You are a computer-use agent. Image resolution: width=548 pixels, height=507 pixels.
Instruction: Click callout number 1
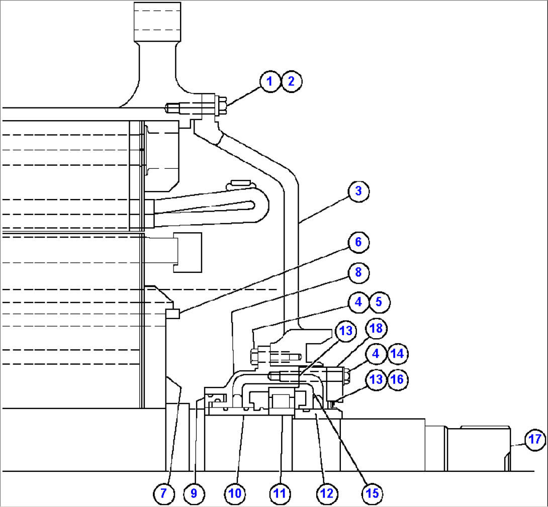270,81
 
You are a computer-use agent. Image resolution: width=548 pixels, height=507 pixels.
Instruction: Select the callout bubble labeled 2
291,81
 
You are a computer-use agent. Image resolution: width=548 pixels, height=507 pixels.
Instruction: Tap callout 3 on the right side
358,191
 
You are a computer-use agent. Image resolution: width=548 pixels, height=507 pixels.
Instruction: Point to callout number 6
358,242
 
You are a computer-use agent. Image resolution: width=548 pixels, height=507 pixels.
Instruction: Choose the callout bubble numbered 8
358,272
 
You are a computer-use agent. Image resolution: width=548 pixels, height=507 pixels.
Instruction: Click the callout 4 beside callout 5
358,302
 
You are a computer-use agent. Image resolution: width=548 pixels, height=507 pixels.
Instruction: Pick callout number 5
380,302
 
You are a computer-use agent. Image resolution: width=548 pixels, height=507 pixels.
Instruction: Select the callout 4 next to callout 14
376,353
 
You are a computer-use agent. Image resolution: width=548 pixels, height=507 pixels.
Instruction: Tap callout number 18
376,329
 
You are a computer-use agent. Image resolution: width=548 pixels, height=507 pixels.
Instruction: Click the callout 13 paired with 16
376,379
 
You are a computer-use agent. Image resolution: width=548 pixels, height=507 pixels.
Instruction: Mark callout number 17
534,440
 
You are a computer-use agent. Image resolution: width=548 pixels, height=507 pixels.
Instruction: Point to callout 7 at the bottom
163,494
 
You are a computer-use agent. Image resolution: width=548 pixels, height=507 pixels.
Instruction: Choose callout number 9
195,494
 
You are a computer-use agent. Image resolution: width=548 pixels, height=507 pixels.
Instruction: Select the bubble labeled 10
235,494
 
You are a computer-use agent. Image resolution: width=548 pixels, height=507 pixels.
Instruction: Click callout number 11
280,494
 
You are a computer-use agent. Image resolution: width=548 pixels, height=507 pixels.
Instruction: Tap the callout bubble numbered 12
326,494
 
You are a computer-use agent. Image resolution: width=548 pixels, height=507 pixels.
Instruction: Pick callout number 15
372,494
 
